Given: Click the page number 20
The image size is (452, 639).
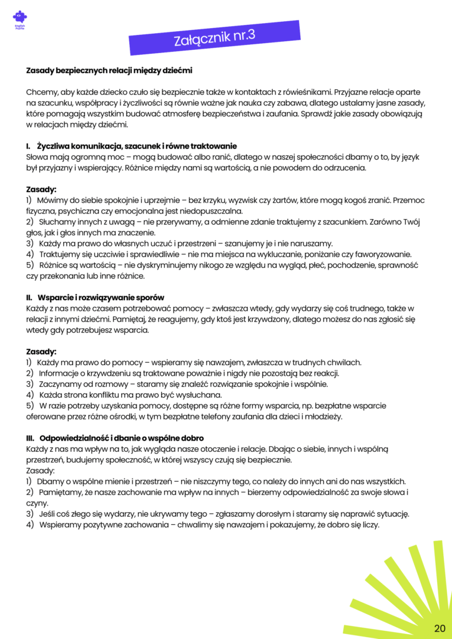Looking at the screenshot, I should pos(440,627).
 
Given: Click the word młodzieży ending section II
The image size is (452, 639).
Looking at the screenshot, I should pos(322,416).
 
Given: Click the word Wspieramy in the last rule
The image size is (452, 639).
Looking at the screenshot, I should pos(61,525).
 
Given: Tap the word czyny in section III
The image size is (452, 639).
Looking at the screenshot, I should pos(36,503).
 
